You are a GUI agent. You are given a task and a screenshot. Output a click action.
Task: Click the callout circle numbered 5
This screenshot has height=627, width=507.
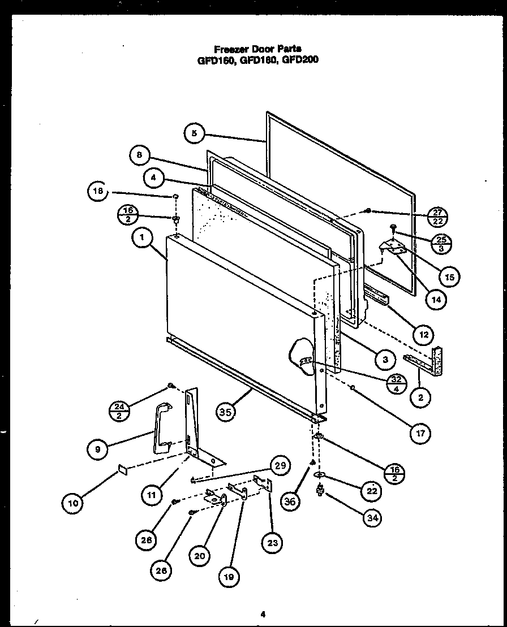pos(194,133)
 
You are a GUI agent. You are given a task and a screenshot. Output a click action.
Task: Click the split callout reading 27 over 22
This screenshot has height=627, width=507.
pos(437,217)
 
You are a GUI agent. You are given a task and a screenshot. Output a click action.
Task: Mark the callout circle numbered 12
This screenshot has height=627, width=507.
pos(423,334)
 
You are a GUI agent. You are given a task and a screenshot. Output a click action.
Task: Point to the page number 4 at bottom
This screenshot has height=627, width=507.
pos(263,613)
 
